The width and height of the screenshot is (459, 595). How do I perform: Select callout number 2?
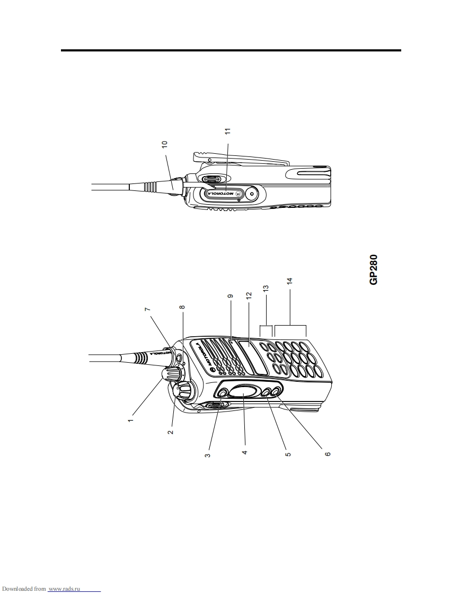point(171,432)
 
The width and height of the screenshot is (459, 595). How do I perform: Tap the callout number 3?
point(207,454)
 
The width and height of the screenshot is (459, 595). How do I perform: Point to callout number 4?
point(245,452)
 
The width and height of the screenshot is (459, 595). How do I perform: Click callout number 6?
point(328,453)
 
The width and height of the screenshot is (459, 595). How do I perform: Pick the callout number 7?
point(147,309)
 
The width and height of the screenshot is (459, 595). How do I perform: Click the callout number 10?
point(164,144)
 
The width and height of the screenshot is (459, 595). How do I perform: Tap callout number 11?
point(227,132)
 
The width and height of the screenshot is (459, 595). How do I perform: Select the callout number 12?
point(249,295)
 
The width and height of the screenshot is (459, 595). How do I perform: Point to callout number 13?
point(266,288)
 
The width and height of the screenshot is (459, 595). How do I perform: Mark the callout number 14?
point(290,282)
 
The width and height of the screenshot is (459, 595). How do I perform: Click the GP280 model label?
point(374,269)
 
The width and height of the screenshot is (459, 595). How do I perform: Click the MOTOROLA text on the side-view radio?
point(220,194)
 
